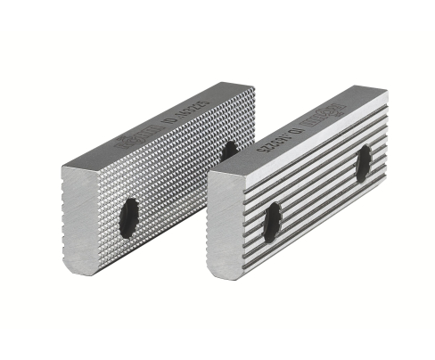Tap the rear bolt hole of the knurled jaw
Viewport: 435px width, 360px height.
(x=229, y=149)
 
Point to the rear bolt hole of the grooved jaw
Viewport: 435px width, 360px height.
(x=364, y=163)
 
